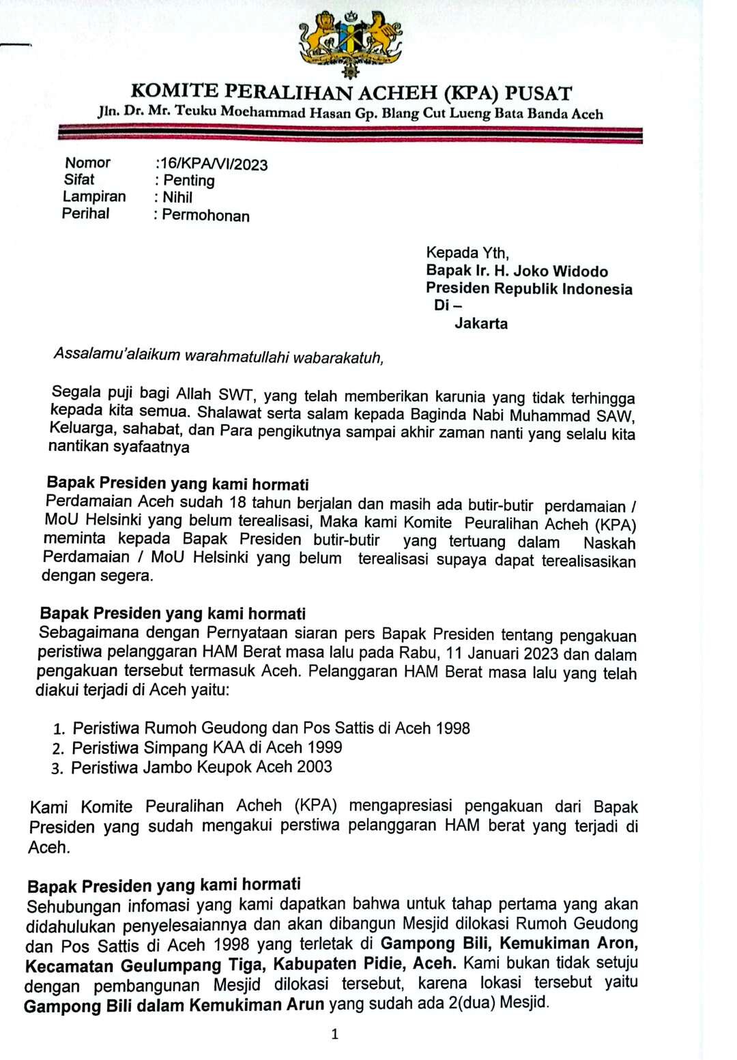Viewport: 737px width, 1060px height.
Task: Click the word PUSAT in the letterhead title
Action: pos(538,93)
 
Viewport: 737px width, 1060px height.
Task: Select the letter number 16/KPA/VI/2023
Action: pos(214,164)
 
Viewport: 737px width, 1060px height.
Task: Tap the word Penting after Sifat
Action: pos(189,181)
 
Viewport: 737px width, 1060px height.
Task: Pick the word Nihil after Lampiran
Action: pos(177,198)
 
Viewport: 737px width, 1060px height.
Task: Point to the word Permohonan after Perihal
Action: pos(205,216)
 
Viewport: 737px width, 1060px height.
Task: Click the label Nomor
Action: pos(87,163)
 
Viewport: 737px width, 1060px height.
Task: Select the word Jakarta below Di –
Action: pos(481,323)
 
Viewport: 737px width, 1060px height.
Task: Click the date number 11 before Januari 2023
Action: pos(454,653)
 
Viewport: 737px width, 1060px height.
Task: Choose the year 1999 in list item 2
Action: pos(324,748)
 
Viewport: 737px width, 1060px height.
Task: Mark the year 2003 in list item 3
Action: pos(315,767)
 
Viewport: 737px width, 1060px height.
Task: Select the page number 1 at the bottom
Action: pos(334,1034)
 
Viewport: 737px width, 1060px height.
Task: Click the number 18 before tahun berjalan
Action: pos(237,503)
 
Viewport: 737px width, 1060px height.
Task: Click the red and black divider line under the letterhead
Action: pos(350,134)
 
